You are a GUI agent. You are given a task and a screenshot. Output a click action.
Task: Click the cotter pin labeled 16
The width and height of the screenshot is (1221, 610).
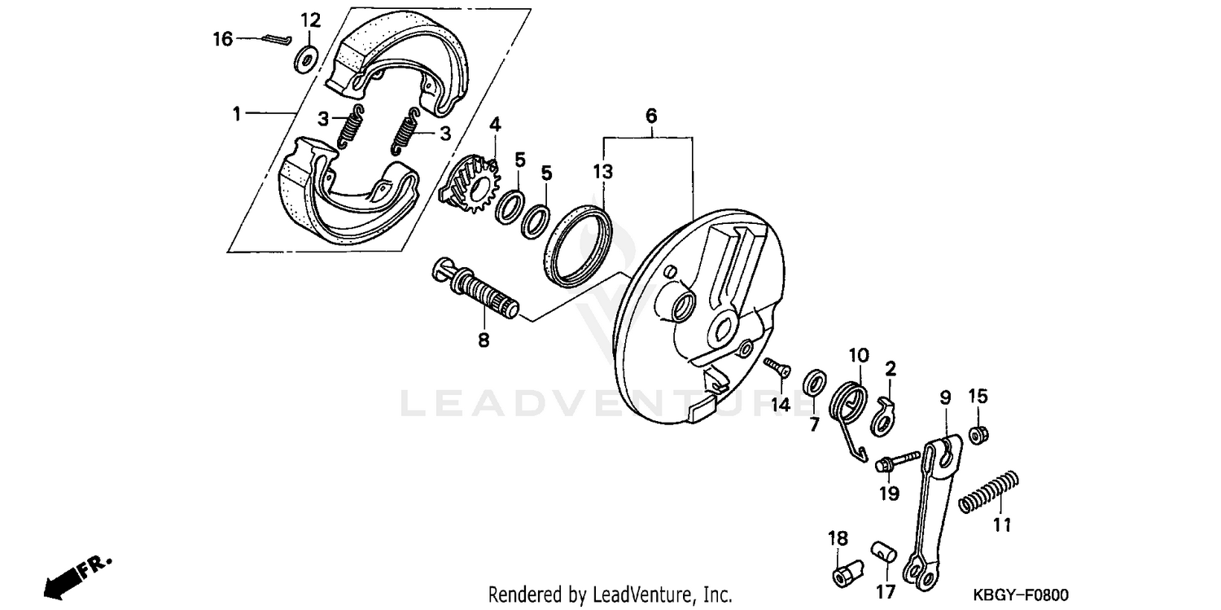pyautogui.click(x=277, y=39)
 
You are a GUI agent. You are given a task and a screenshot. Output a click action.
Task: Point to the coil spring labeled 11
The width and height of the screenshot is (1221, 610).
pyautogui.click(x=988, y=492)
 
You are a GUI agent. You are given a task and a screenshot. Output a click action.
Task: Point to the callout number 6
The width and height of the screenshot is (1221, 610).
pyautogui.click(x=651, y=116)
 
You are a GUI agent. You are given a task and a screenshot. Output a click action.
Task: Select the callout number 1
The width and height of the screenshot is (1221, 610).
pyautogui.click(x=237, y=113)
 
